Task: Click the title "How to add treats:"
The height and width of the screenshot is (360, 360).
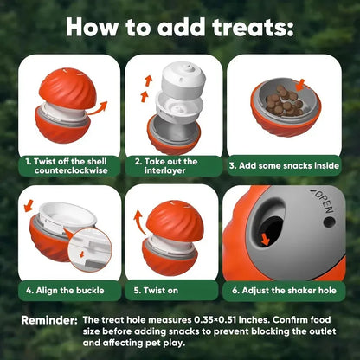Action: coord(180,25)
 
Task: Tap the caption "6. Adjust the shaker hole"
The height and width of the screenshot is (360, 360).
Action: coord(282,291)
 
